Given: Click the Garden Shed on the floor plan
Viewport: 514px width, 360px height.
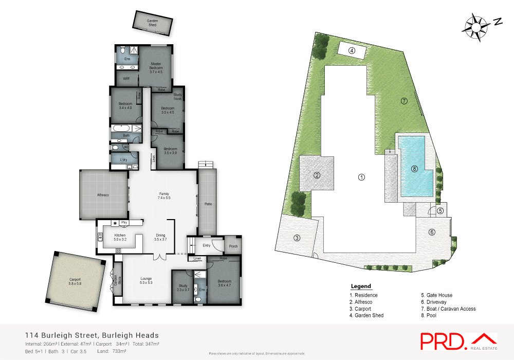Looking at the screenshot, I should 152,21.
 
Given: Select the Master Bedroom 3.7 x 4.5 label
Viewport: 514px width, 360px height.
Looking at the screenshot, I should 156,68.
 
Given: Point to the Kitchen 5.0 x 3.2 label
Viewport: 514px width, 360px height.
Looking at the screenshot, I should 119,238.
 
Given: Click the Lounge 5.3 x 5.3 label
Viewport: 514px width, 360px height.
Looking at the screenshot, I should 146,280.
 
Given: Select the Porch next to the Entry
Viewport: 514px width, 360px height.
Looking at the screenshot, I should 233,246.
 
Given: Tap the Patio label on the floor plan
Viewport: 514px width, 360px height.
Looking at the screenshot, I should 208,204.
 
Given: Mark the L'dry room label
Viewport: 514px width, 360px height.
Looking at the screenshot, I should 123,160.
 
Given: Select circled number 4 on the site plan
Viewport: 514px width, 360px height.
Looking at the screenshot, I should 352,50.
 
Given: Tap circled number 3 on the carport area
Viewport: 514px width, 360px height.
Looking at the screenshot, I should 297,238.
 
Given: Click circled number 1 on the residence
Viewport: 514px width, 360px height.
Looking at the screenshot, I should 361,177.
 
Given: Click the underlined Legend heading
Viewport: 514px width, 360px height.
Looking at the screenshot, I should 360,286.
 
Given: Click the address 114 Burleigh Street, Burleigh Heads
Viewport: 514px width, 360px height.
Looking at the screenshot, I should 91,335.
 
